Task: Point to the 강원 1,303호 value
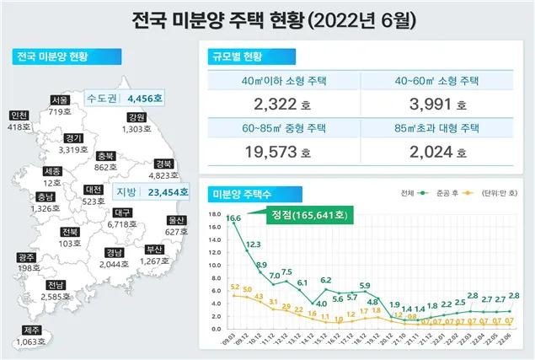pos(136,128)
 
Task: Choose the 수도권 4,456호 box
pos(125,99)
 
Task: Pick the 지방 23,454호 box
pos(140,191)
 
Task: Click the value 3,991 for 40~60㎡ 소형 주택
pos(431,105)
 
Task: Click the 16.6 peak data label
pos(233,218)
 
